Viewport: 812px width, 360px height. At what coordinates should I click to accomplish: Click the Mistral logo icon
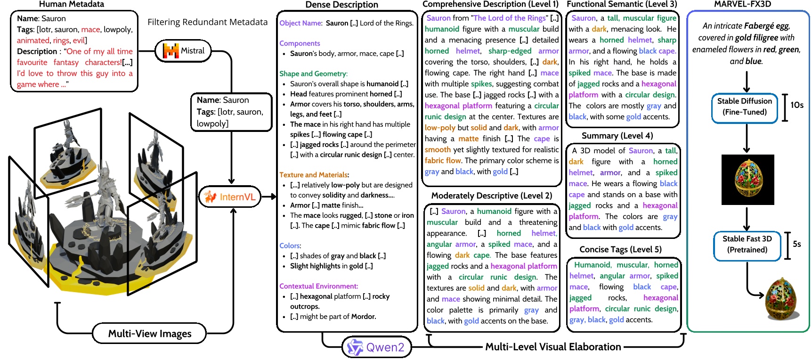[x=171, y=50]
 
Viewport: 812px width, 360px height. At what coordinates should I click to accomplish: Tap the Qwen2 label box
[x=376, y=347]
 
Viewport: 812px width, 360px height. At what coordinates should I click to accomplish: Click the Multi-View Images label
[x=150, y=334]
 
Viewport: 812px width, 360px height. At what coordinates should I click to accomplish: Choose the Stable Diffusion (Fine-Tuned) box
[x=744, y=106]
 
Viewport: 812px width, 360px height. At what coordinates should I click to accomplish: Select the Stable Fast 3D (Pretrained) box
[x=747, y=244]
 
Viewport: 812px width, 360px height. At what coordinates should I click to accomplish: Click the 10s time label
[x=796, y=105]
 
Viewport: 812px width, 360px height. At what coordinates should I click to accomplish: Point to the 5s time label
[x=796, y=244]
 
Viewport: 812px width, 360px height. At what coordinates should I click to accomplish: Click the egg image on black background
[x=747, y=180]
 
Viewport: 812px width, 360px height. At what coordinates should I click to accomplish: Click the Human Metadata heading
[x=72, y=4]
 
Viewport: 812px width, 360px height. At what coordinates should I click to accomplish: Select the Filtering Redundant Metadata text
[x=207, y=22]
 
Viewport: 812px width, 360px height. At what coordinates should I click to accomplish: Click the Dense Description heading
[x=341, y=5]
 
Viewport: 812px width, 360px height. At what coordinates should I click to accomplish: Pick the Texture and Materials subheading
[x=314, y=175]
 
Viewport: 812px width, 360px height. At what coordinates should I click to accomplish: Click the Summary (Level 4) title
[x=617, y=136]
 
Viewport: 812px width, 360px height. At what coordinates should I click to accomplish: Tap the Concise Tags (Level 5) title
[x=620, y=249]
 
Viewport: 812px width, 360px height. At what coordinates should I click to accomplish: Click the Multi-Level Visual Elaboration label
[x=553, y=347]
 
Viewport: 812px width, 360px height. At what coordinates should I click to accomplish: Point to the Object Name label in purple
[x=300, y=23]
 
